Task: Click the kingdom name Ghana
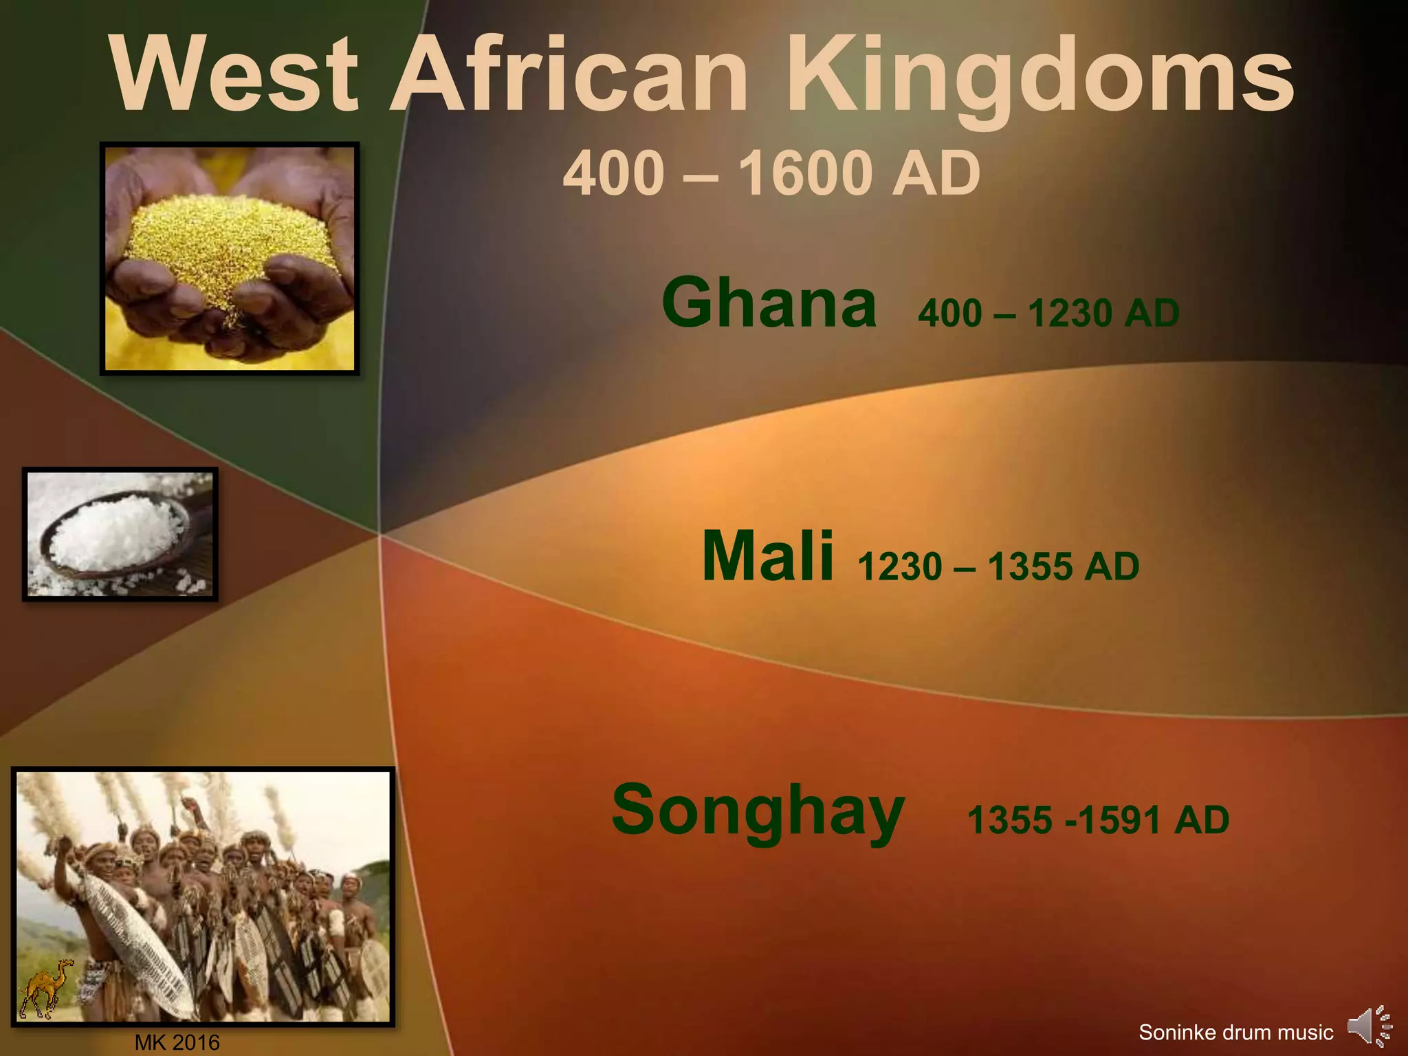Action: point(769,303)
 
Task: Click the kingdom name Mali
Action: point(767,556)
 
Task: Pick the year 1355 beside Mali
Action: point(1028,567)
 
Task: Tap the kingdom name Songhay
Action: point(758,811)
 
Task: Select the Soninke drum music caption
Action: point(1235,1032)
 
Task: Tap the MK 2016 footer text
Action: point(177,1043)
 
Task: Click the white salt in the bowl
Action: point(113,533)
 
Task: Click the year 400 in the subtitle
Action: point(613,173)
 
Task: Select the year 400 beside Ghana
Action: point(949,314)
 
